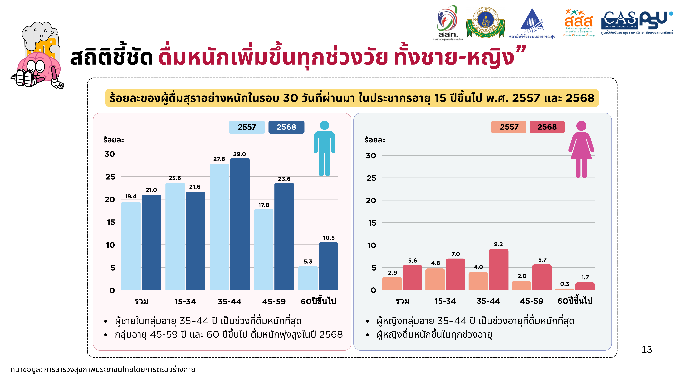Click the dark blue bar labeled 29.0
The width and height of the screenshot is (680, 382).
tap(240, 224)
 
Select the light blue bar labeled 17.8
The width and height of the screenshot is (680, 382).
tap(263, 250)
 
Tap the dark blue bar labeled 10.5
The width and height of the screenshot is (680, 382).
tap(328, 266)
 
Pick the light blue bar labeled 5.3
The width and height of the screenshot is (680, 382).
tap(308, 278)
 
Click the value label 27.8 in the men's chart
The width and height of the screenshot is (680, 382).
tap(219, 159)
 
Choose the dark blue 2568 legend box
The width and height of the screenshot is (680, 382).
tap(286, 127)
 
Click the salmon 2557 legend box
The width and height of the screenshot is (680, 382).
tap(509, 127)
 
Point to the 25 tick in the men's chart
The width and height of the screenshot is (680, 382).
tap(110, 177)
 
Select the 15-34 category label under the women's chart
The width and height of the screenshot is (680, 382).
tap(445, 301)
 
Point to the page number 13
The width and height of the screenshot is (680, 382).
tap(647, 350)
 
